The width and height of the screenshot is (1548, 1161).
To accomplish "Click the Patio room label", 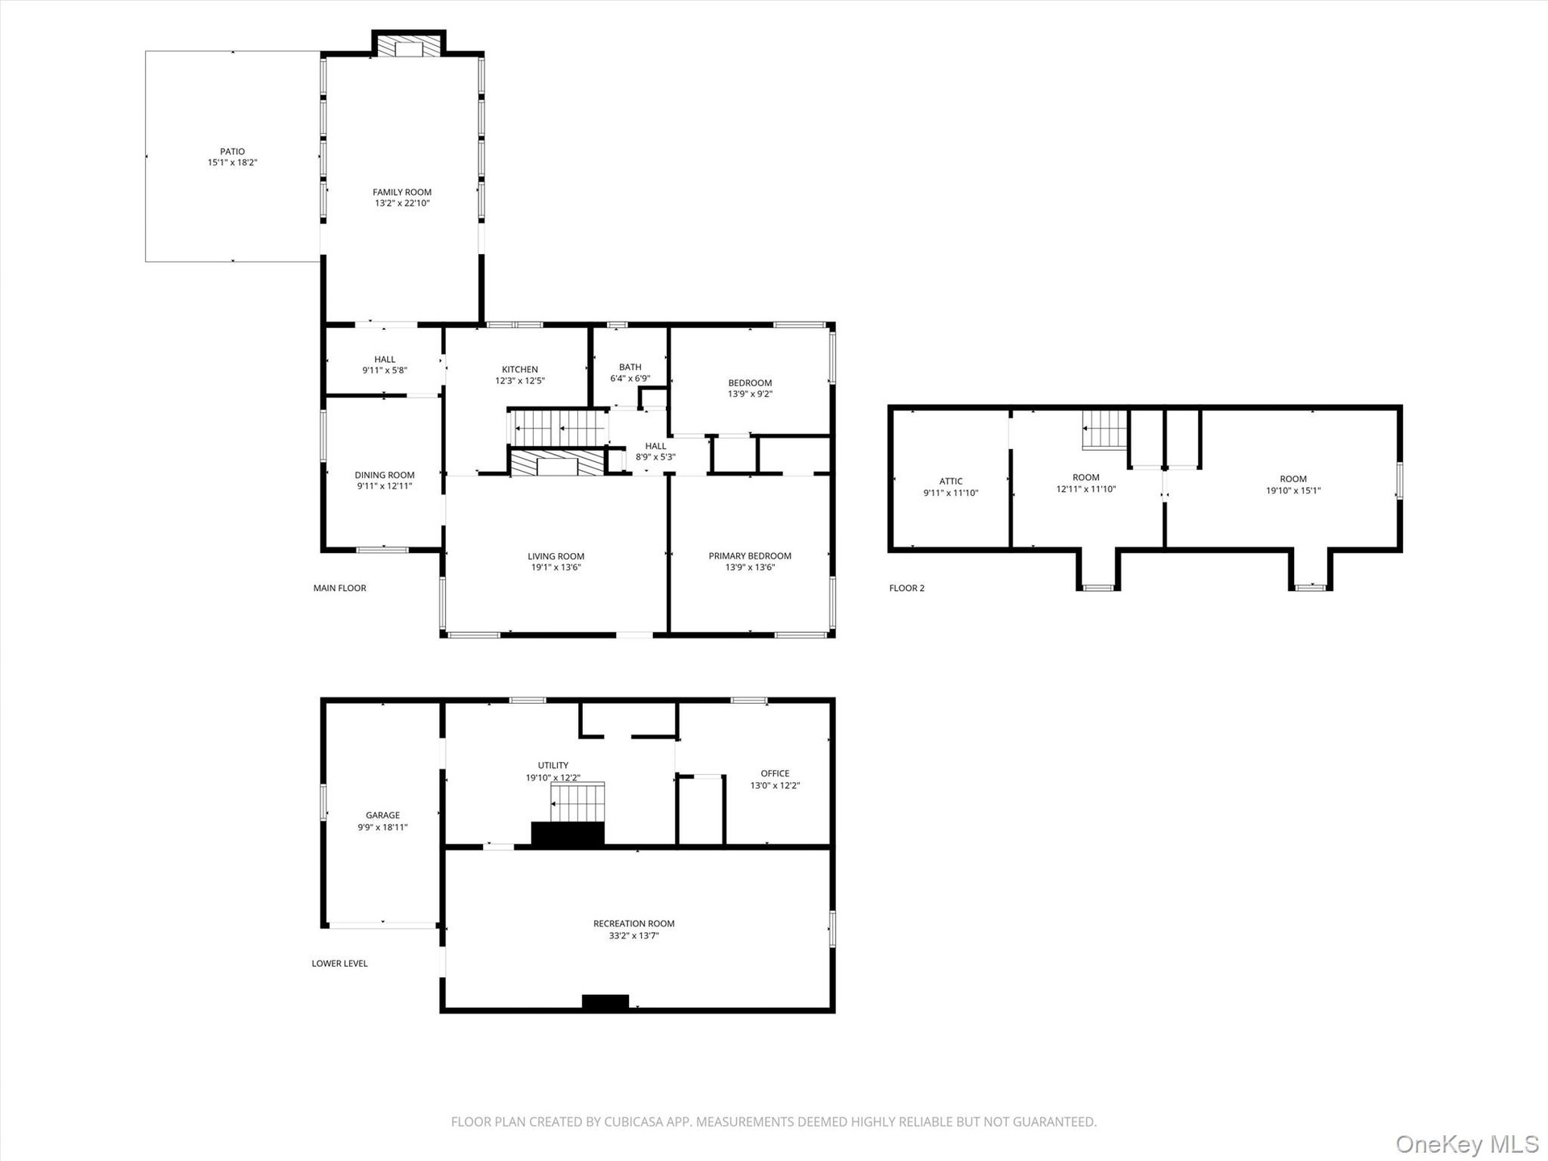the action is coord(232,152).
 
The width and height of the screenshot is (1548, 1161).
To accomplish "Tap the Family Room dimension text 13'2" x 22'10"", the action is coord(402,203).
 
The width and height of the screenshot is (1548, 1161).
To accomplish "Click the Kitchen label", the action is coord(520,369).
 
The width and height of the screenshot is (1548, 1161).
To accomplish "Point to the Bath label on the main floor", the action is coord(630,367).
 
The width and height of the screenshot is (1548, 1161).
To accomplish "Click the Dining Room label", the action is coord(385,475).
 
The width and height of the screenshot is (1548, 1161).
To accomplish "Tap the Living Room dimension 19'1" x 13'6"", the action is coord(556,567).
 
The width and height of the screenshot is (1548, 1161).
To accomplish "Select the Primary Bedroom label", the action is coord(750,556).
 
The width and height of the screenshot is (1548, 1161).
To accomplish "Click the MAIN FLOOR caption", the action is coord(339,588).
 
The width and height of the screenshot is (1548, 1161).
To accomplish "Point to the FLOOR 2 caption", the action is coord(907,588).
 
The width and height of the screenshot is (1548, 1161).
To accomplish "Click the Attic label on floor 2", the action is coord(951,481).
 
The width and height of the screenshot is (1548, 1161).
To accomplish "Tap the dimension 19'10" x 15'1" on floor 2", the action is coord(1293,490).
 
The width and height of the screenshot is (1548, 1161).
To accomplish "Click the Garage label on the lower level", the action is coord(383,815).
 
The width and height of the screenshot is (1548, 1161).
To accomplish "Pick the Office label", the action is coord(775,773).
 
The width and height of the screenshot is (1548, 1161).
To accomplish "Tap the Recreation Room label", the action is coord(634,924).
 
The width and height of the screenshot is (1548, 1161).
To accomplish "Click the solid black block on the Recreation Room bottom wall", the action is coord(605,1003).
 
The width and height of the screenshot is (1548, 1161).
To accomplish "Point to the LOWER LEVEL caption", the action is coord(339,963).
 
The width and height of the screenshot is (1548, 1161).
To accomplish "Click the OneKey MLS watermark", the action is coord(1467,1144).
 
